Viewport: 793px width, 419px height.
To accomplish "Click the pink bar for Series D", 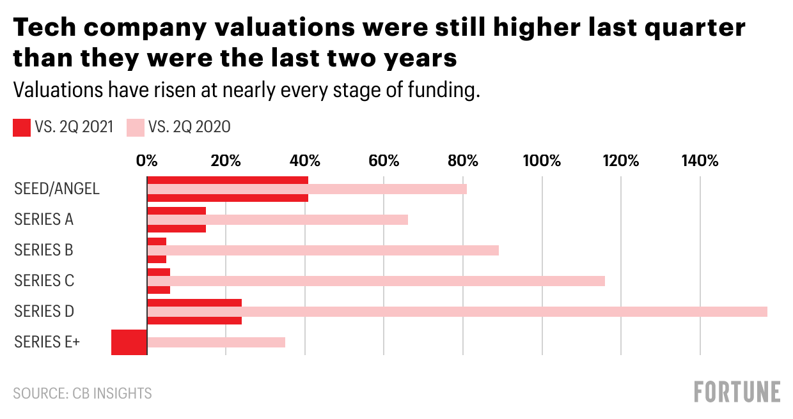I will coord(457,312).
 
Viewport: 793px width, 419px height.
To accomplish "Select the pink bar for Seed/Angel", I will coord(307,189).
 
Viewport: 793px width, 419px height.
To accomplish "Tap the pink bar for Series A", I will coord(278,220).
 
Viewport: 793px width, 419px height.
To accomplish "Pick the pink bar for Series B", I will coord(323,250).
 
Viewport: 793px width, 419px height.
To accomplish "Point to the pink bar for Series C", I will coord(376,281).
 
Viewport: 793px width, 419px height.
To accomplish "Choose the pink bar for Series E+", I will coord(216,342).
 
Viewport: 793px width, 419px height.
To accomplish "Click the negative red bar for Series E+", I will coord(129,342).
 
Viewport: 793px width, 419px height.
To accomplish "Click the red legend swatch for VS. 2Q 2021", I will coord(22,128).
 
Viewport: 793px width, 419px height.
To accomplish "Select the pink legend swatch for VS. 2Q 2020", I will coord(136,128).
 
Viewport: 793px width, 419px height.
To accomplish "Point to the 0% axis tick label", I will coord(147,160).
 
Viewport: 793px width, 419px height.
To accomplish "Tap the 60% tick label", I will coord(384,160).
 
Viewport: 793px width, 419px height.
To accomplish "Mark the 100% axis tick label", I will coord(542,160).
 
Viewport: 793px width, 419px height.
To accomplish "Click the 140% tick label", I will coord(700,160).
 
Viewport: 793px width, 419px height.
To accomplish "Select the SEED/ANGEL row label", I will coord(57,189).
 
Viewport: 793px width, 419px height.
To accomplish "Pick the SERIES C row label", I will coord(44,281).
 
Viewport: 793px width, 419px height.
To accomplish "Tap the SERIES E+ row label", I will coord(47,342).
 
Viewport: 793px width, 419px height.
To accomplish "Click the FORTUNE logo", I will coord(737,392).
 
